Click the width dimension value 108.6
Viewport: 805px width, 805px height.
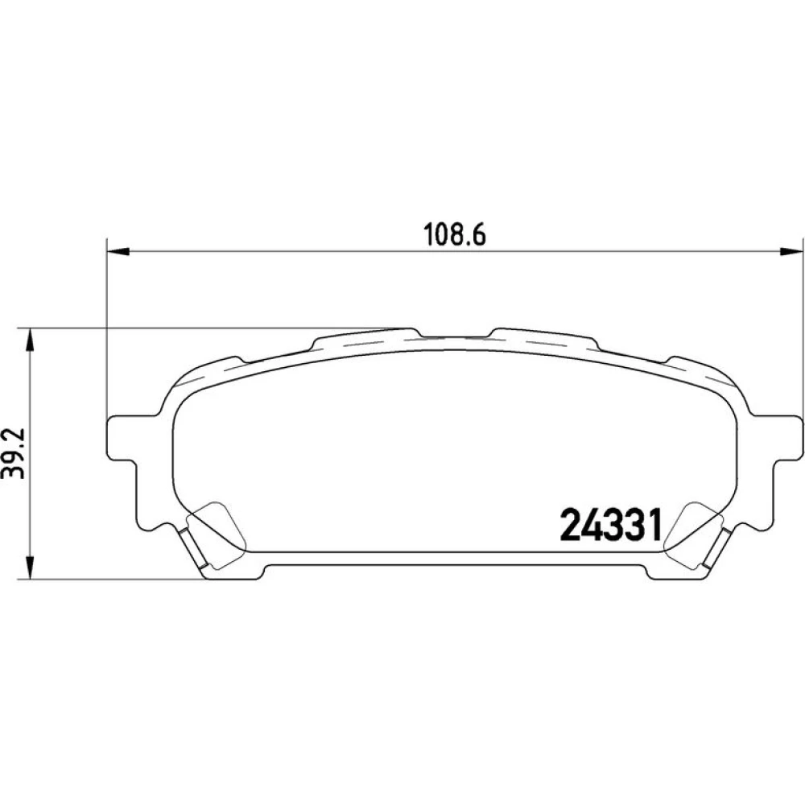click(454, 235)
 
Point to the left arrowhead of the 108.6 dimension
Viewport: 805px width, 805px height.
click(117, 251)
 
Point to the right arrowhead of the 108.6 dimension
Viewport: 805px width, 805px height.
click(791, 251)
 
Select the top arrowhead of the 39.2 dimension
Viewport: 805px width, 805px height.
click(31, 339)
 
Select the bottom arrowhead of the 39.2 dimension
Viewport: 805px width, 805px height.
click(31, 568)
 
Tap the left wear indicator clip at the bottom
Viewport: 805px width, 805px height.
click(193, 548)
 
